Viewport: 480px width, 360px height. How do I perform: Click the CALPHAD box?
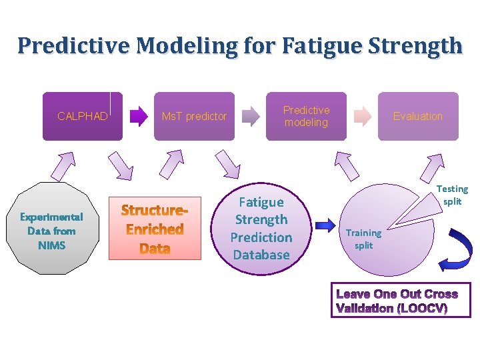click(x=83, y=116)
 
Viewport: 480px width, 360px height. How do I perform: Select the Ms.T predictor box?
click(x=194, y=116)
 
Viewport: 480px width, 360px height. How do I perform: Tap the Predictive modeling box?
click(x=306, y=116)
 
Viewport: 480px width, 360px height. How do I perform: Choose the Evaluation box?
click(x=418, y=116)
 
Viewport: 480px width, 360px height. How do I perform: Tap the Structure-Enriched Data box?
click(x=154, y=229)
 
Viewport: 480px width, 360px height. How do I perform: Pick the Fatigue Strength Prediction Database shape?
click(x=261, y=228)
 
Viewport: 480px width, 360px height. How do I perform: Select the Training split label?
click(x=364, y=239)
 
